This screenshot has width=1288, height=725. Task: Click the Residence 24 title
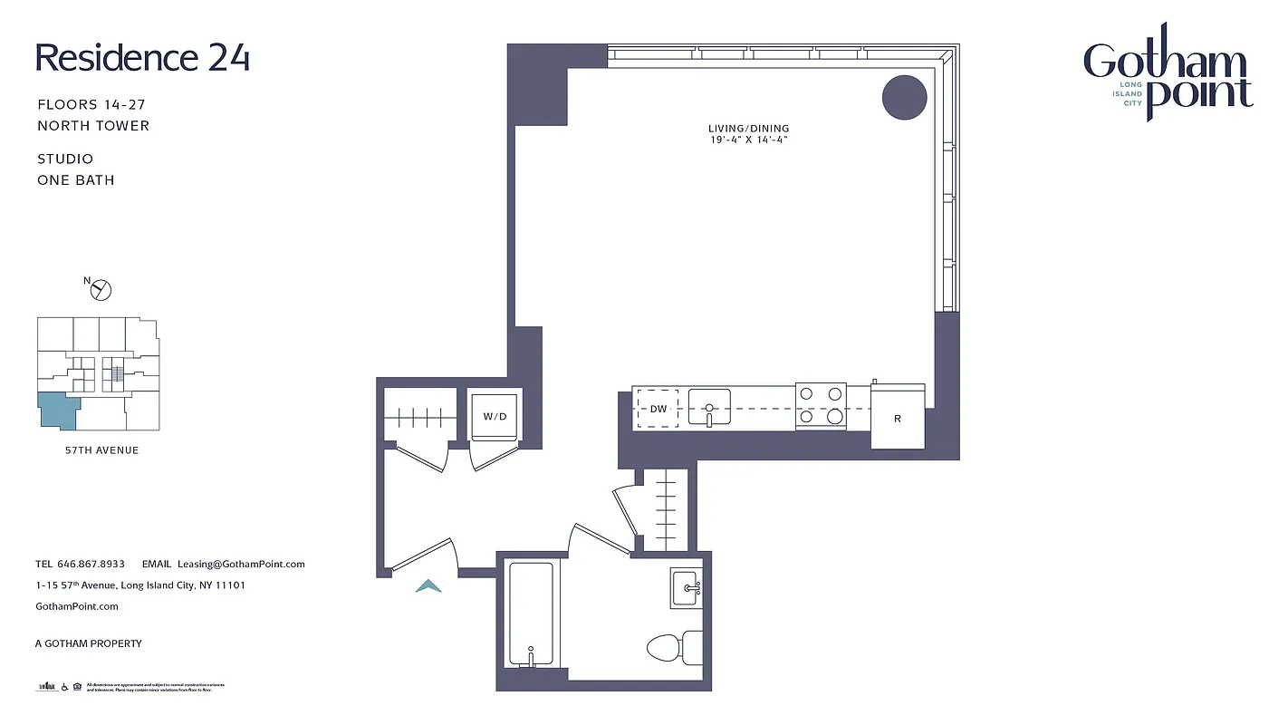[x=142, y=58]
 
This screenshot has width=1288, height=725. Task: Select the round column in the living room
[x=904, y=97]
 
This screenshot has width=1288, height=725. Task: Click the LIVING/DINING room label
[x=749, y=129]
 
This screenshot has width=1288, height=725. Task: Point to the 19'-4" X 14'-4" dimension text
[x=749, y=140]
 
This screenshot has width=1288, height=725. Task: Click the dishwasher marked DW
[x=658, y=409]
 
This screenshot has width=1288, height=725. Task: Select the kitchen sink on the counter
[x=709, y=407]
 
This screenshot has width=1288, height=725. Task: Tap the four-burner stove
[x=821, y=405]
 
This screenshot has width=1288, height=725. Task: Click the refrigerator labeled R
[x=898, y=417]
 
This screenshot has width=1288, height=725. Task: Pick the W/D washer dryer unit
[x=495, y=416]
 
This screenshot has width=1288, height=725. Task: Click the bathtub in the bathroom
[x=530, y=614]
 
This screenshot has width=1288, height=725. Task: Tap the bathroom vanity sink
[x=686, y=588]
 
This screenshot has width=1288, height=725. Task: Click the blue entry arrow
[x=428, y=586]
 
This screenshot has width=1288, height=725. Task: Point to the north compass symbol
[x=101, y=289]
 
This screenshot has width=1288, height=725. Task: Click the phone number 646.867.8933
[x=91, y=564]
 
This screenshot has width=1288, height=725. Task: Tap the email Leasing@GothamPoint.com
[x=241, y=564]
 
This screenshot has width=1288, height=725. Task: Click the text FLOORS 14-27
[x=91, y=105]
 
